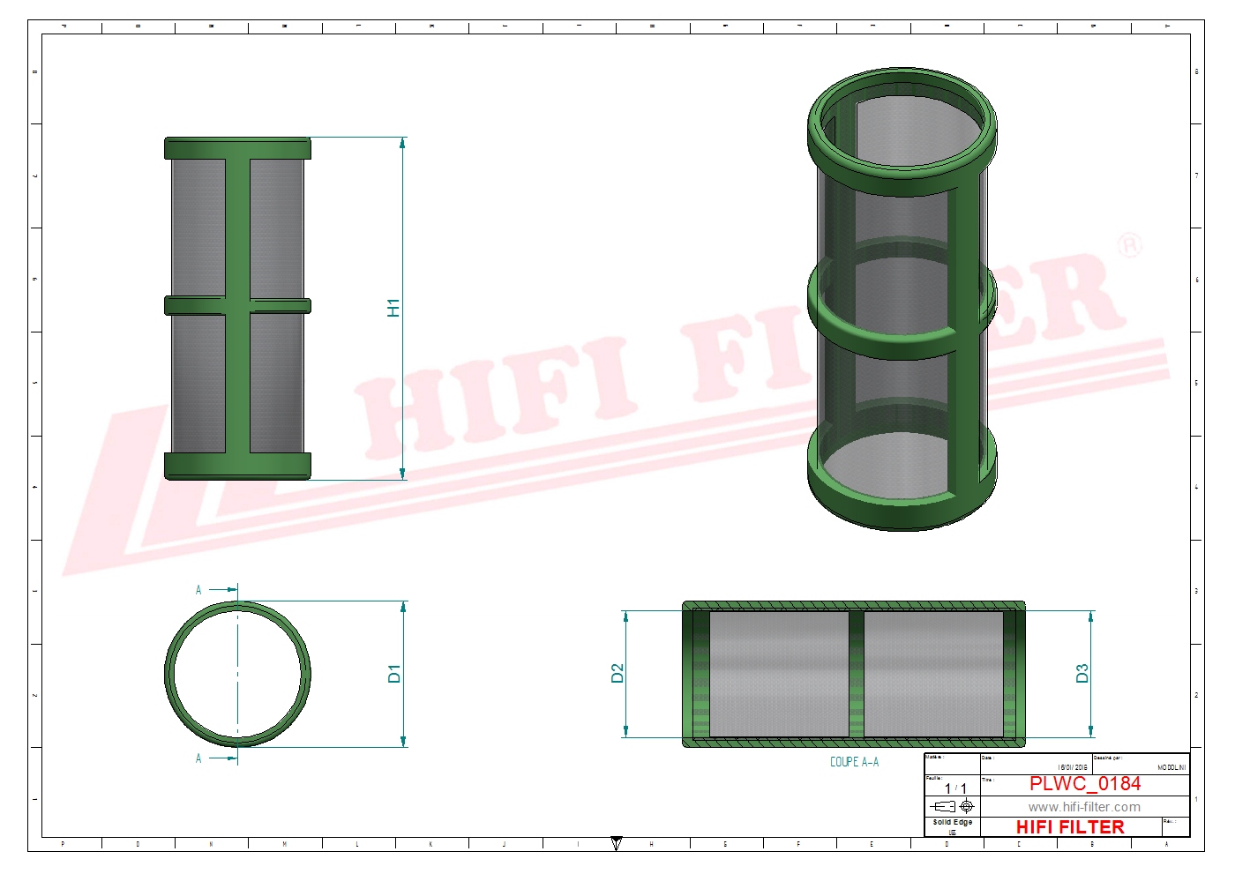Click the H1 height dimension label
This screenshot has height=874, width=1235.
[x=393, y=308]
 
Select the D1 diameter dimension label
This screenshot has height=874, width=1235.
[x=393, y=674]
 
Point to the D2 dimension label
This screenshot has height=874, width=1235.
[x=617, y=674]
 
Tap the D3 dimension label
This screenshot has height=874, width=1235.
[x=1082, y=674]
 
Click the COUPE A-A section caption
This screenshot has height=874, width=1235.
[x=854, y=762]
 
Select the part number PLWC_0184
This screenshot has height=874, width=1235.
[x=1084, y=784]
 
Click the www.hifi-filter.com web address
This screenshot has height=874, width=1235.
[x=1084, y=807]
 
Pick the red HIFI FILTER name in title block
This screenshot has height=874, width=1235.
[x=1070, y=827]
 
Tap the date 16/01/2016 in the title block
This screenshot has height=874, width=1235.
[x=1073, y=767]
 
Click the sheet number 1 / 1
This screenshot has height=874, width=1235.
[x=955, y=788]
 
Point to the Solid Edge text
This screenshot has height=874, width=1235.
[x=952, y=822]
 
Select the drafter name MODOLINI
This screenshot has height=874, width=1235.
[x=1171, y=767]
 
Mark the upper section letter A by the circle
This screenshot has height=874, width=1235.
[x=198, y=590]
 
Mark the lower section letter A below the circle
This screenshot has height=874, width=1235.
[x=198, y=758]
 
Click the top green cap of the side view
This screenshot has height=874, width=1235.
[x=237, y=148]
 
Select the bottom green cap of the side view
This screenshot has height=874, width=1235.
[x=237, y=466]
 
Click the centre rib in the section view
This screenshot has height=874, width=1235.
[x=856, y=674]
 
